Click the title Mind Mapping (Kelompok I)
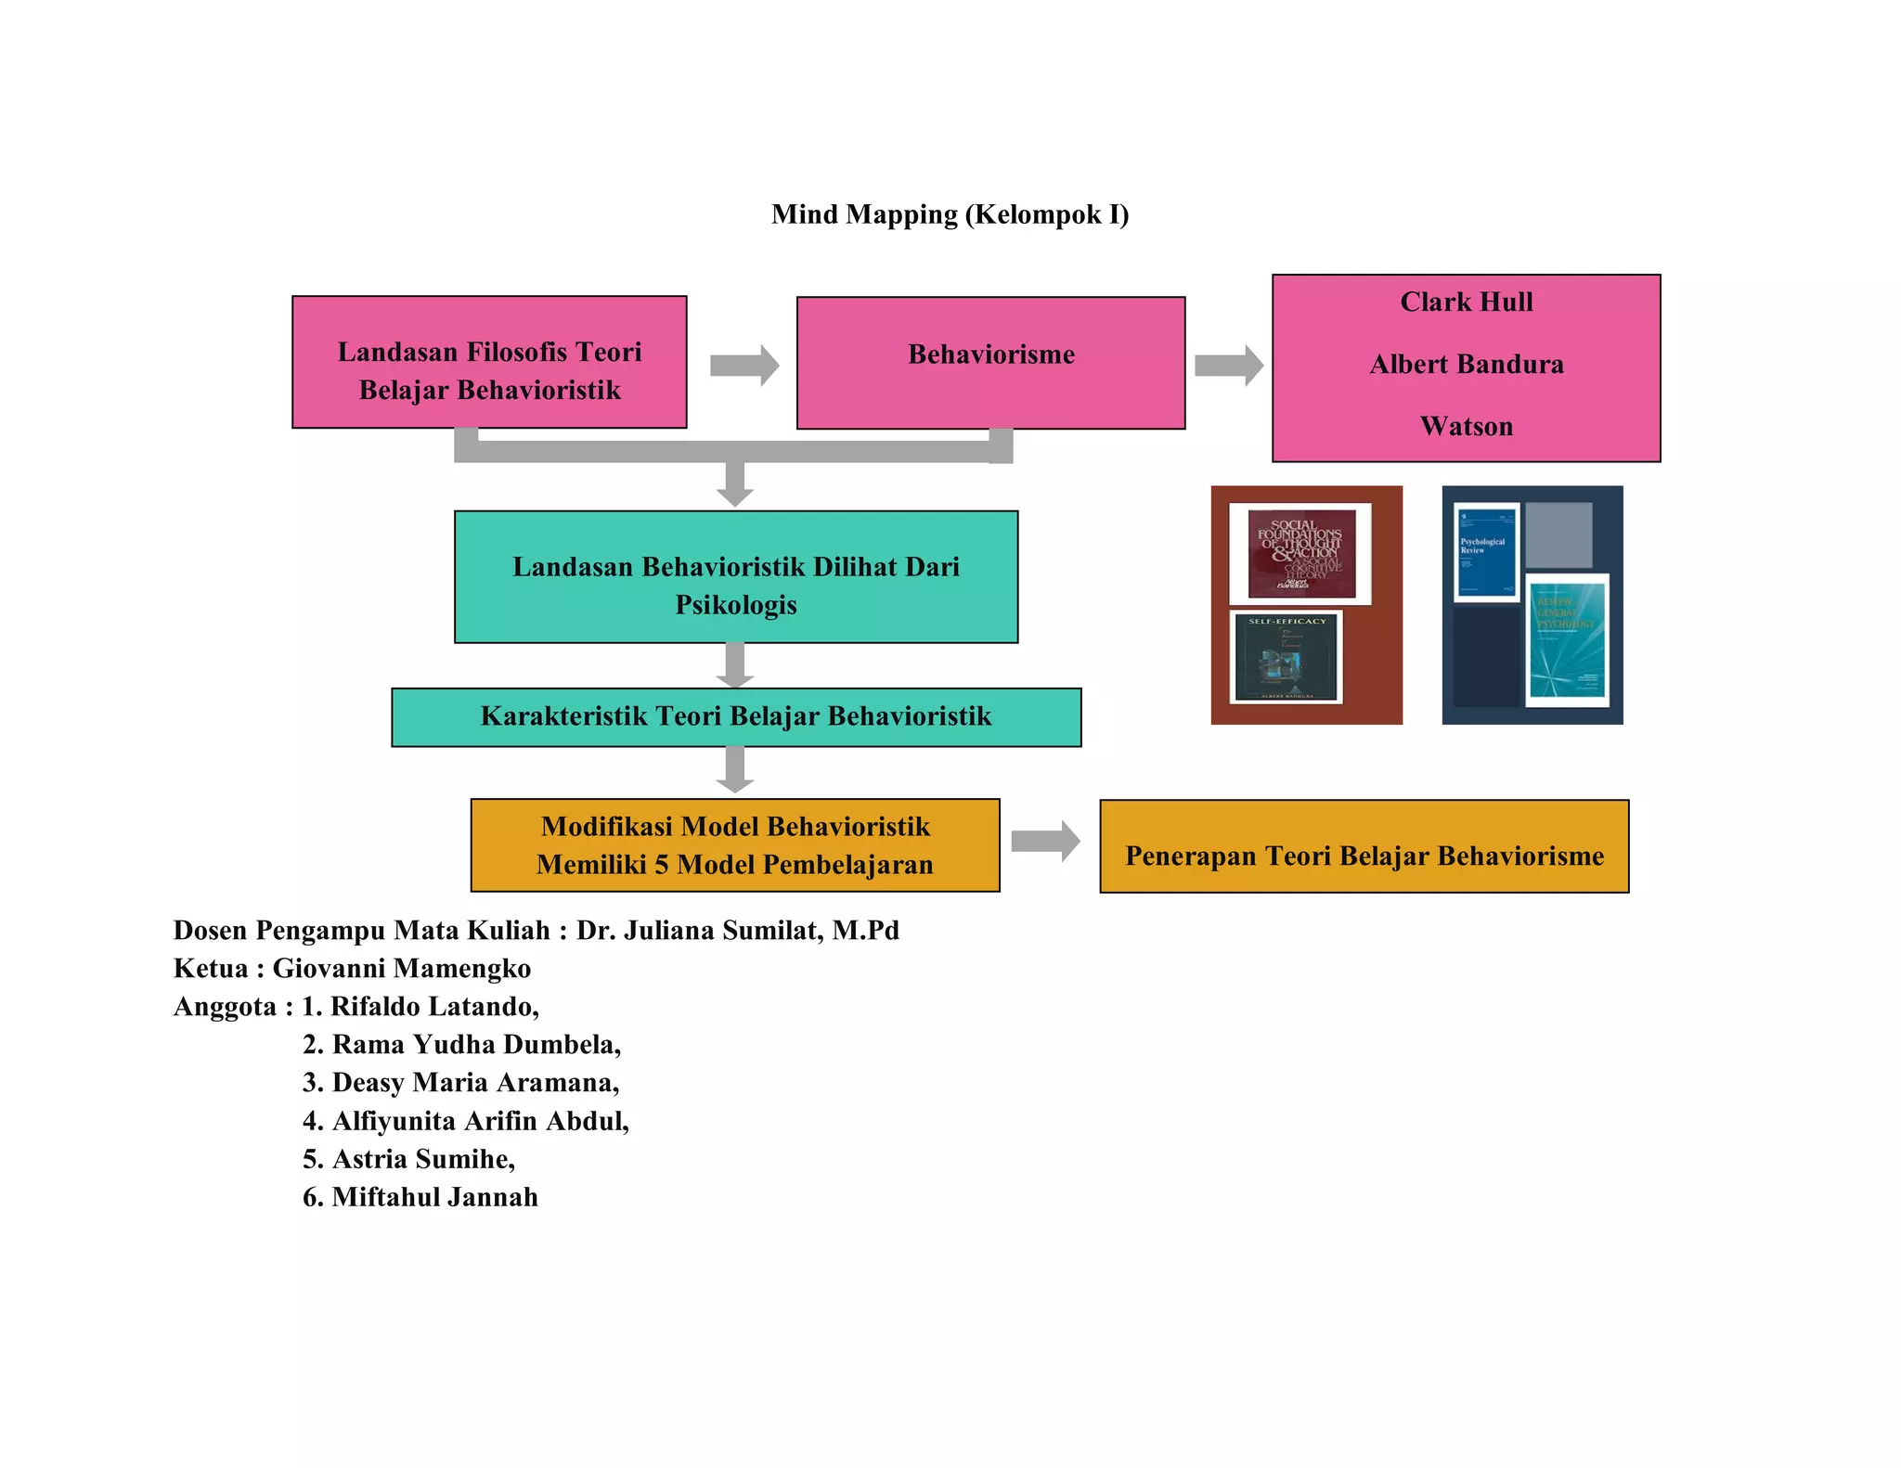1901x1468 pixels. point(950,214)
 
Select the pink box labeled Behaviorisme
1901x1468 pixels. point(990,363)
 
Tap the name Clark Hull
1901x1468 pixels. point(1466,303)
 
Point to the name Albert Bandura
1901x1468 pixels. point(1466,365)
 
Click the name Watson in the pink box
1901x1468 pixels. point(1466,427)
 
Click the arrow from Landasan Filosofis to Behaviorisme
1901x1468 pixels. point(744,365)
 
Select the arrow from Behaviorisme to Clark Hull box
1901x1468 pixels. point(1228,365)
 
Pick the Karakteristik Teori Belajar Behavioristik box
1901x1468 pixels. point(735,717)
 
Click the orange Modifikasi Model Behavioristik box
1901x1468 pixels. point(734,845)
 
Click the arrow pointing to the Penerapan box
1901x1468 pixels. point(1044,842)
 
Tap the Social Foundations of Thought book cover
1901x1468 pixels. point(1300,554)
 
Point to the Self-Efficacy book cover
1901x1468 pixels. point(1287,657)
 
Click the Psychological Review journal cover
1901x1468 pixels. point(1486,552)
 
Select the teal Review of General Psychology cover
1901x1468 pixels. point(1567,640)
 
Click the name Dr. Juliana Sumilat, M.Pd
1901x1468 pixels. point(737,931)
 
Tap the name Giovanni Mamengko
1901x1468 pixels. point(401,969)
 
